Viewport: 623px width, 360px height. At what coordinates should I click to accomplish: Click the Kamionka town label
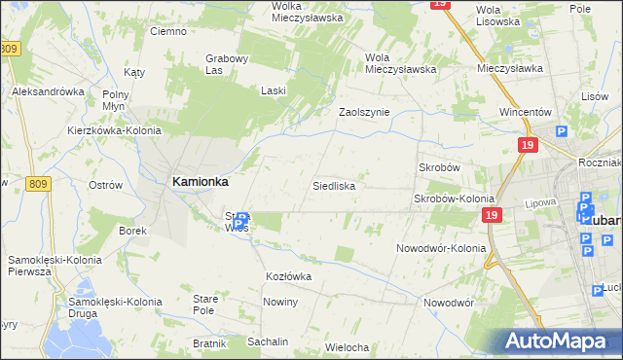coord(201,181)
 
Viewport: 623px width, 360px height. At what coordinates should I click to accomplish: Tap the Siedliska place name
coord(333,185)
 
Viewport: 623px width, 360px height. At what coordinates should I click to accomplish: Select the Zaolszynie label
coord(364,112)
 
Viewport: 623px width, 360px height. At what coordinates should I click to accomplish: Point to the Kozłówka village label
coord(288,277)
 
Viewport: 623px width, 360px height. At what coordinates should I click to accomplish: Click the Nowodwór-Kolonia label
coord(441,248)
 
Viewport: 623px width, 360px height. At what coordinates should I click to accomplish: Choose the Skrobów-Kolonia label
coord(455,198)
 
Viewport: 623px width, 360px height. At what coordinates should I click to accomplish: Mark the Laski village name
coord(274,90)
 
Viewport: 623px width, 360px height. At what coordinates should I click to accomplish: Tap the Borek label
coord(132,231)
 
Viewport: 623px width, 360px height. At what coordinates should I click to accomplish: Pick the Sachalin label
coord(268,342)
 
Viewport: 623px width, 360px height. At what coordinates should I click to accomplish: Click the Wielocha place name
coord(348,347)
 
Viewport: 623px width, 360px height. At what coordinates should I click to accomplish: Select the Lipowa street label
coord(539,204)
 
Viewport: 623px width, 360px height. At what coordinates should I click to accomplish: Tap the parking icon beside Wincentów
coord(562,131)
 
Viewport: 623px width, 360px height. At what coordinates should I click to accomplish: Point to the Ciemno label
coord(167,31)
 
